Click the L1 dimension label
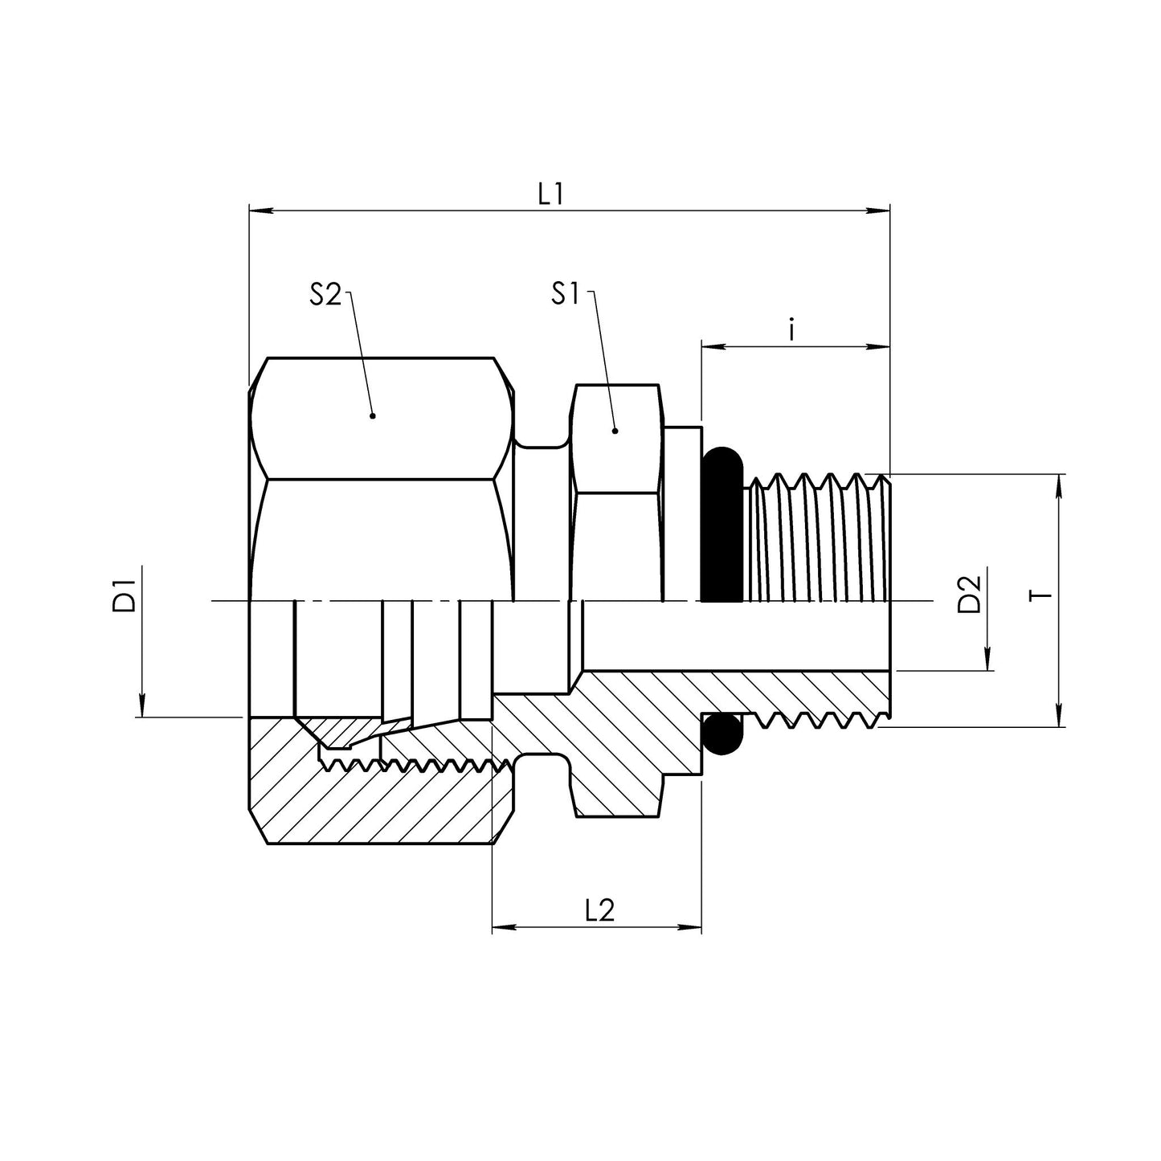pos(550,194)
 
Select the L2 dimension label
pos(599,910)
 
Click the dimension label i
pos(791,330)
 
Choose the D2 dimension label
pos(971,595)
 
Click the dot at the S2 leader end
pos(372,416)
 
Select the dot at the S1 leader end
pos(615,431)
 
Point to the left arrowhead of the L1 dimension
pos(260,211)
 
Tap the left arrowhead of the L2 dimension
pos(502,928)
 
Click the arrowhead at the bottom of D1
pos(141,707)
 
